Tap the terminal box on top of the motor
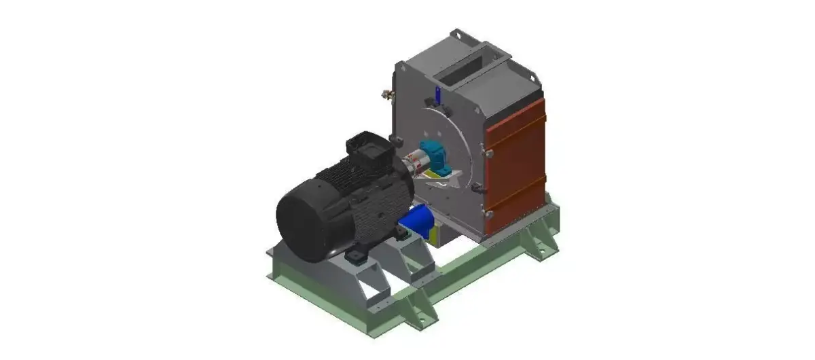pyautogui.click(x=364, y=151)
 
